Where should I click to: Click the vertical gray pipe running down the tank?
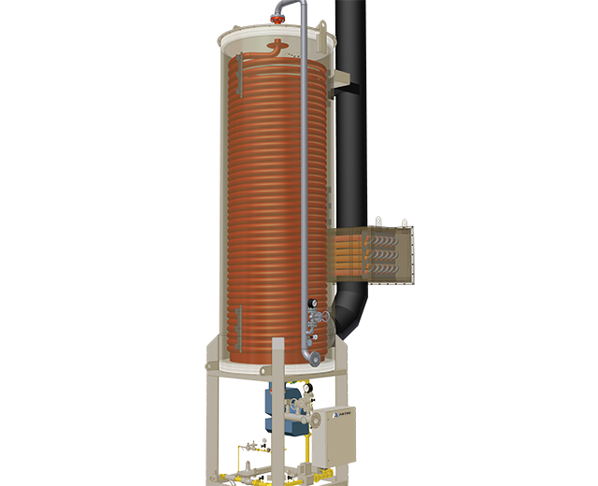click(x=306, y=187)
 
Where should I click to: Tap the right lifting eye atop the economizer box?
click(x=405, y=222)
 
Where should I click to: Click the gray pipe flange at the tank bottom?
click(x=315, y=358)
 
